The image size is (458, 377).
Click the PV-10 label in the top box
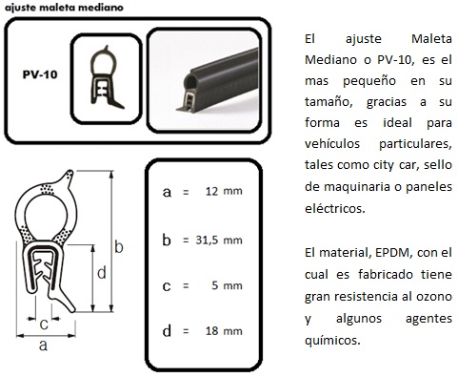click(40, 74)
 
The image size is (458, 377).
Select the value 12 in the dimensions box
click(211, 191)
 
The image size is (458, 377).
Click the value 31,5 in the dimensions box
click(207, 240)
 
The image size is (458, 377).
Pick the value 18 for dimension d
click(211, 331)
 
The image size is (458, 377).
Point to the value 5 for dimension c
click(215, 285)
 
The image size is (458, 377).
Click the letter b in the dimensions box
click(167, 240)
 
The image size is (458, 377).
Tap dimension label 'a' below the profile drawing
click(43, 345)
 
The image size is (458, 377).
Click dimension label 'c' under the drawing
click(44, 325)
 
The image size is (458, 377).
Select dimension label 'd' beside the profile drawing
click(101, 273)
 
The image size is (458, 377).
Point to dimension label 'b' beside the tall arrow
click(119, 247)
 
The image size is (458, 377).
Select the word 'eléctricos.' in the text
click(334, 209)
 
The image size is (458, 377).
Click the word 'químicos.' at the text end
click(332, 341)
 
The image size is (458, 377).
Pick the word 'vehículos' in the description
click(332, 143)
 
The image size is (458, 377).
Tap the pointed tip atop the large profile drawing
click(70, 172)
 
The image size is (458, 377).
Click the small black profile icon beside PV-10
click(106, 77)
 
